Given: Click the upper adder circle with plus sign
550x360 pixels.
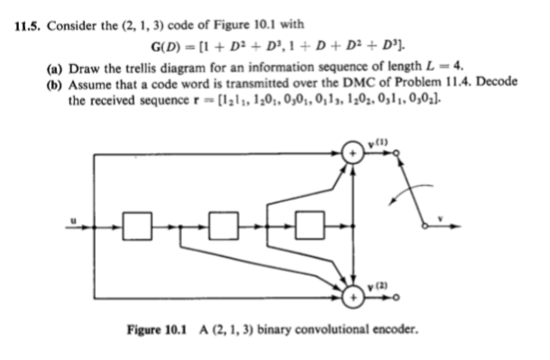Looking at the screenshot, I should click(356, 155).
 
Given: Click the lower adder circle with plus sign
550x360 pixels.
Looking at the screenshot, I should click(356, 293).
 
